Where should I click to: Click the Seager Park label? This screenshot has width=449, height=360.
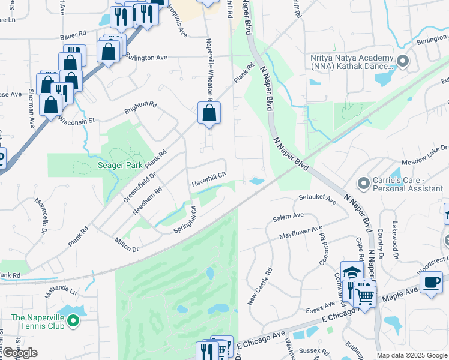tap(120, 165)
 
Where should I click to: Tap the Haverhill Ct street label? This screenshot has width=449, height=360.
tap(208, 177)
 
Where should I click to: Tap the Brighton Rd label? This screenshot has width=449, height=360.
tap(140, 107)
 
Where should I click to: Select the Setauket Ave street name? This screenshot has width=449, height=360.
tap(317, 199)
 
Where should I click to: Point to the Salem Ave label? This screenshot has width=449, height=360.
tap(288, 217)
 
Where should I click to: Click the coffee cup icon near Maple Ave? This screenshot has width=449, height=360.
tap(430, 283)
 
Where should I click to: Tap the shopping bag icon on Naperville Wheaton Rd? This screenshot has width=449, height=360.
tap(209, 113)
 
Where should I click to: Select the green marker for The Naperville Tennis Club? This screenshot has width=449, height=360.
tap(74, 322)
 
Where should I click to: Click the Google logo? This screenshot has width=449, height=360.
tap(20, 353)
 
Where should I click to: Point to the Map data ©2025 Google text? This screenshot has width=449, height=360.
tap(411, 355)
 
